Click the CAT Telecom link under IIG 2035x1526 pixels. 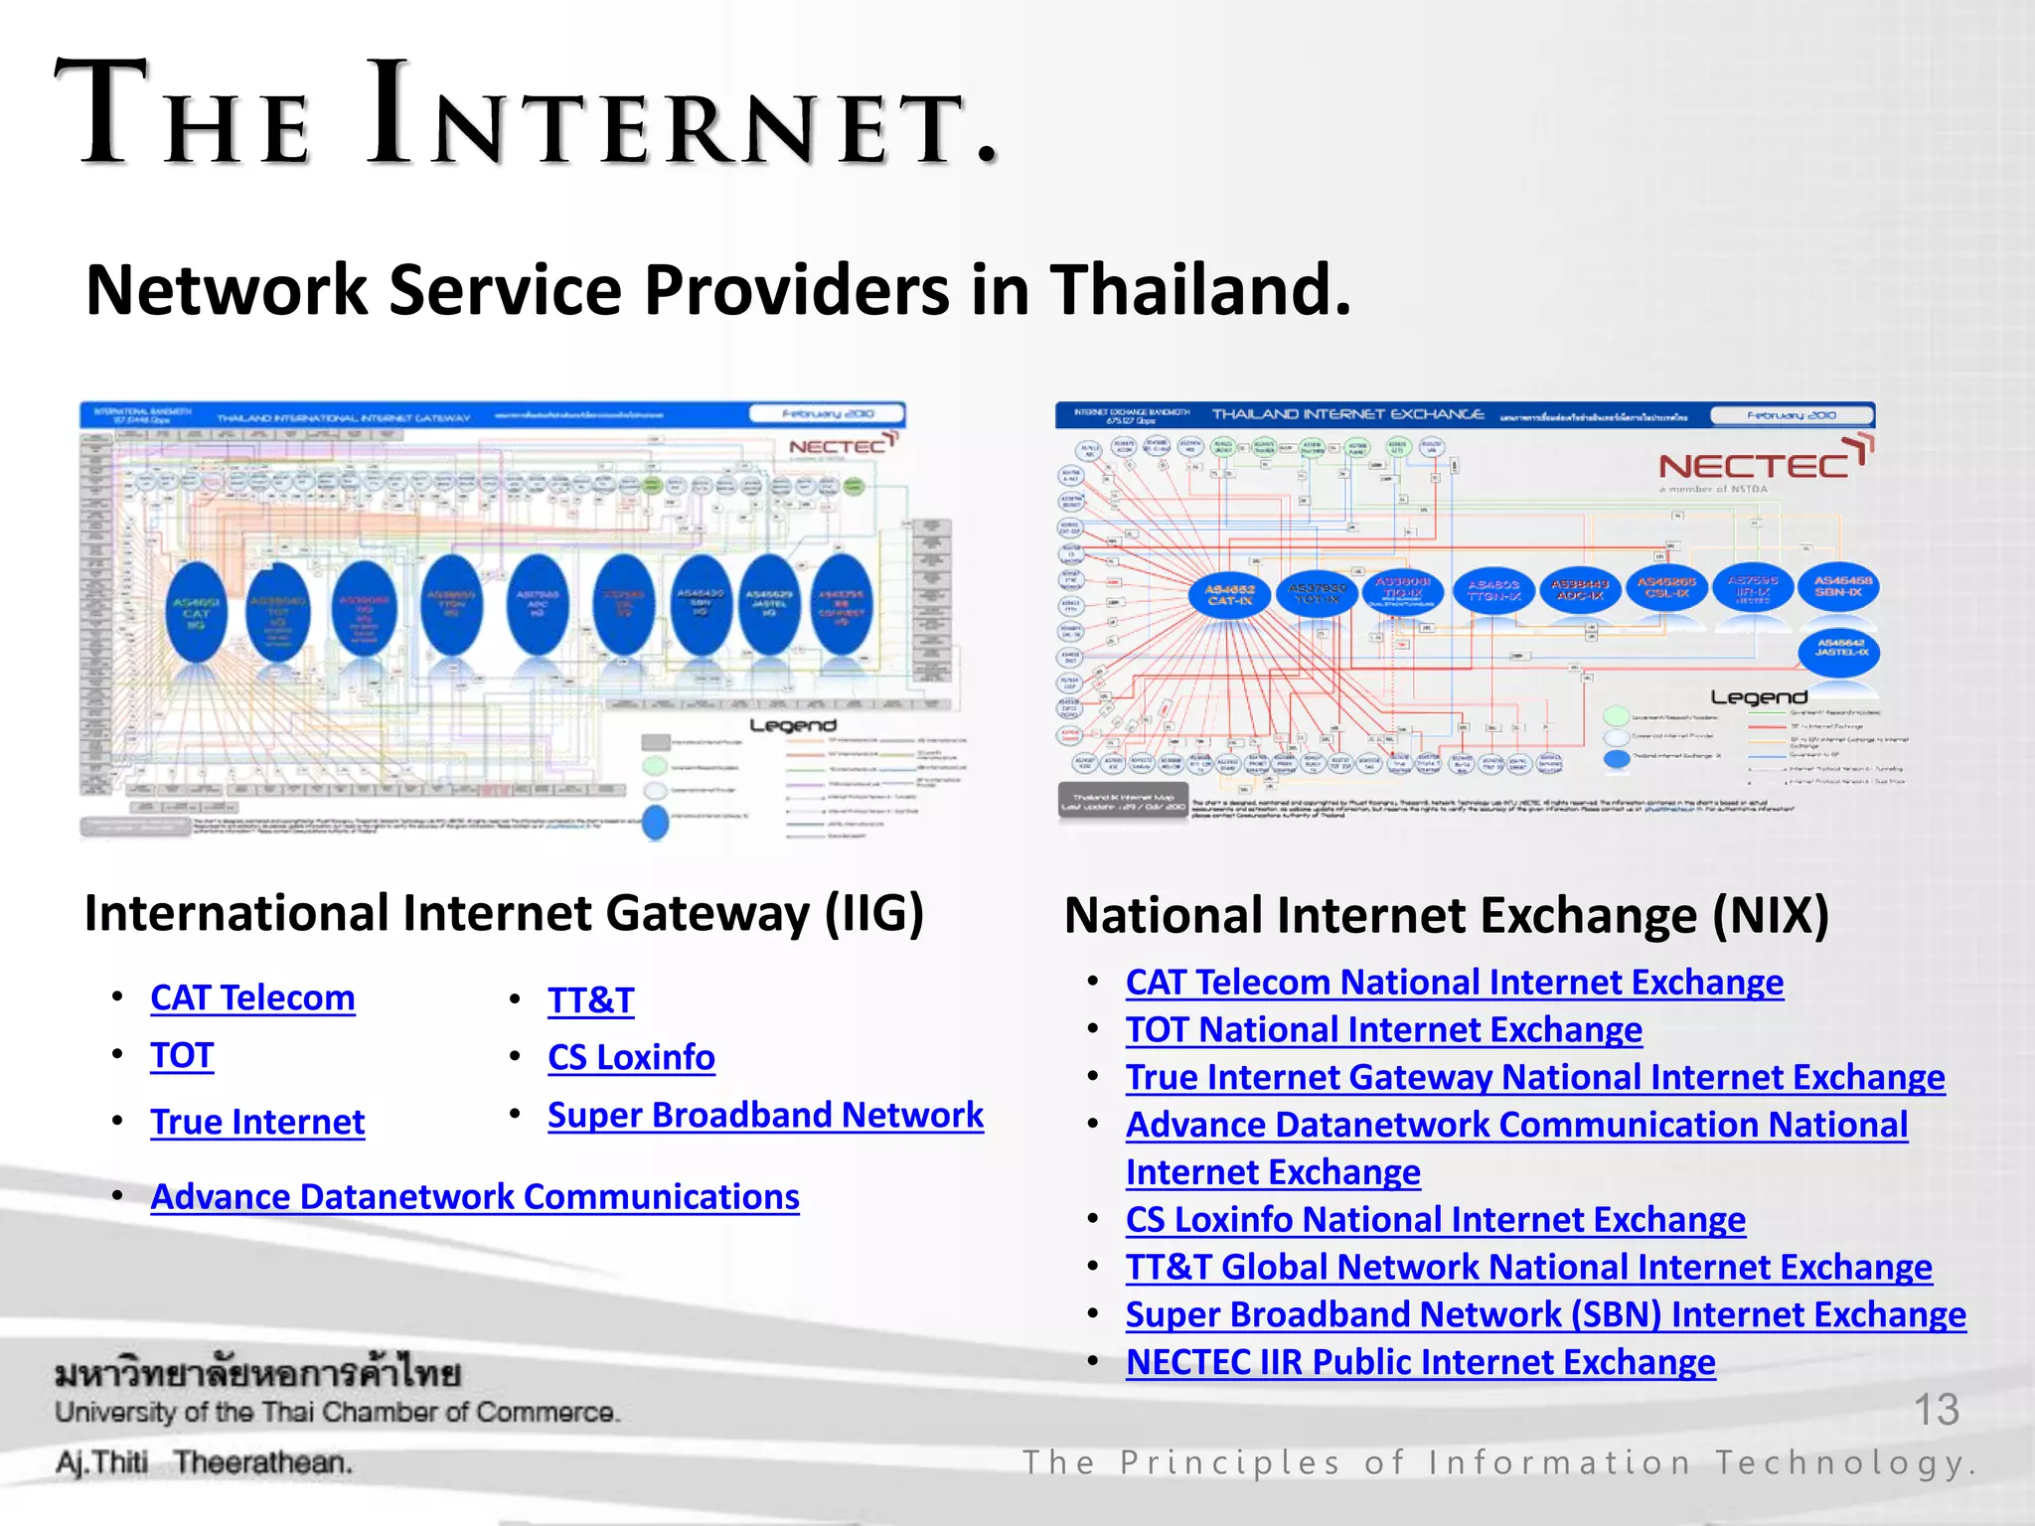tap(252, 997)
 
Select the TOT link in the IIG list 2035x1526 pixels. tap(182, 1055)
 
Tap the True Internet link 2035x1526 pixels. tap(257, 1122)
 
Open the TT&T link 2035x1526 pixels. tap(590, 1000)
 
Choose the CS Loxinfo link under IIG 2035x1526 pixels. tap(631, 1057)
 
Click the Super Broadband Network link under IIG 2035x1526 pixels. tap(765, 1115)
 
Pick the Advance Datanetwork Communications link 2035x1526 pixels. tap(475, 1196)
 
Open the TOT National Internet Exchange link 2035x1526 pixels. tap(1383, 1029)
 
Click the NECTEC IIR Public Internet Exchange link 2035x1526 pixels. tap(1420, 1361)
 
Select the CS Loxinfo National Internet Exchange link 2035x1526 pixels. tap(1435, 1219)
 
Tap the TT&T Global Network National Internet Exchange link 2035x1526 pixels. tap(1528, 1267)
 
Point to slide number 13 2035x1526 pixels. tap(1936, 1409)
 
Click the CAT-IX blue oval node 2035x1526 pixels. tap(1229, 595)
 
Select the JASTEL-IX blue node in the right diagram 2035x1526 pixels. tap(1840, 651)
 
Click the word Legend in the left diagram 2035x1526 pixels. tap(792, 725)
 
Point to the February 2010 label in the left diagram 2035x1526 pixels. tap(827, 414)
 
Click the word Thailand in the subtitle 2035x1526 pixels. tap(1200, 289)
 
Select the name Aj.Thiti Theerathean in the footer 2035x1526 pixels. tap(204, 1462)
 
